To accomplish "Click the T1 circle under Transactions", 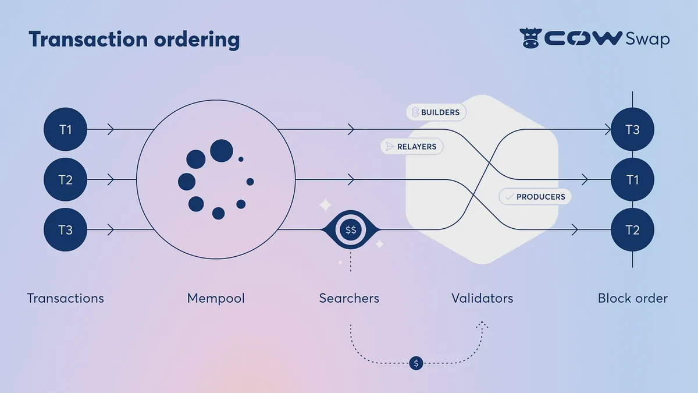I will click(x=66, y=129).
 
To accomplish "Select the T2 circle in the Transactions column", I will click(x=66, y=180).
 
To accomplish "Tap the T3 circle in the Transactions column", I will click(x=66, y=230).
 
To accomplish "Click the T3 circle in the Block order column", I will click(x=632, y=129).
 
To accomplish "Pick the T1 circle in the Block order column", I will click(x=632, y=180).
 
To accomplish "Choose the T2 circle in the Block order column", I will click(x=632, y=230).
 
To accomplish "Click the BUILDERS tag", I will click(x=436, y=112).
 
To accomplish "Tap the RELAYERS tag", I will click(x=412, y=147).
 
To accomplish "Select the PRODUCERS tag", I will click(x=535, y=197).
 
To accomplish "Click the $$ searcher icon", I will click(x=351, y=230).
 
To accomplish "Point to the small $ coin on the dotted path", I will click(x=415, y=363).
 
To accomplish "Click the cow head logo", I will click(x=530, y=39).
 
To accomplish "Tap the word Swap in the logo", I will click(x=647, y=40).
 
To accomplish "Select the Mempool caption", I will click(x=216, y=299).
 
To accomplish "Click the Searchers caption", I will click(x=349, y=299).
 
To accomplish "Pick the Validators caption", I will click(x=482, y=299).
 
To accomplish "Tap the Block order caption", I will click(x=632, y=299).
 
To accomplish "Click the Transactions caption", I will click(x=65, y=299).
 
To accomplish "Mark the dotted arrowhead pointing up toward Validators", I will click(x=482, y=324).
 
